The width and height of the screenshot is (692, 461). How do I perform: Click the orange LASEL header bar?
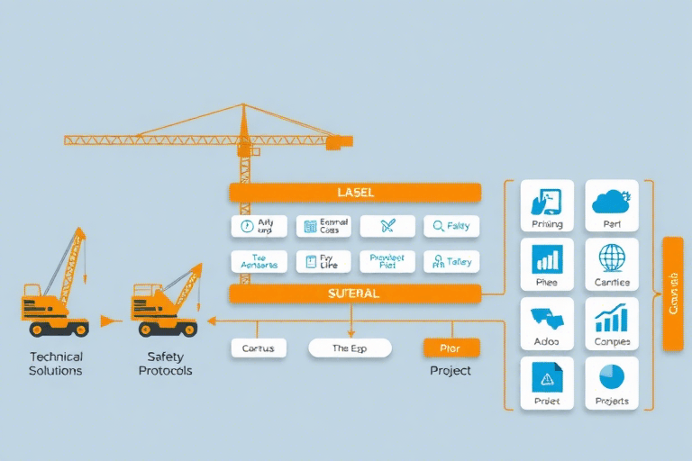pos(355,193)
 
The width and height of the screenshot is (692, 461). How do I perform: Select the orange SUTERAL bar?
pos(355,294)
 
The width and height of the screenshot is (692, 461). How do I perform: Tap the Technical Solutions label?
pos(56,364)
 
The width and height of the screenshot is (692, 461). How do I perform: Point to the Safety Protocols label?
pos(165,364)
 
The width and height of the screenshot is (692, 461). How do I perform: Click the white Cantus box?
pos(259,348)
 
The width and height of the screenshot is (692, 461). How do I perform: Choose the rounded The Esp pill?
pos(350,348)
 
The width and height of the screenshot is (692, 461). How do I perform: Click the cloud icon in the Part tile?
pos(612,201)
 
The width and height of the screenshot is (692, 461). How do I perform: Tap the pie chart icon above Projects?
pos(612,376)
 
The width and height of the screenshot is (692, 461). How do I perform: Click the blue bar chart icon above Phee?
pos(547,258)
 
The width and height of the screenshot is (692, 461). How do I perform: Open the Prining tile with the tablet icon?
pos(547,206)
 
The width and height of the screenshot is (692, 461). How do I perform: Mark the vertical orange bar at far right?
pos(672,294)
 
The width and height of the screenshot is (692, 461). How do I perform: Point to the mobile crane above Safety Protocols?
pos(166,292)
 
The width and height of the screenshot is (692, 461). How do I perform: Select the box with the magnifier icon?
pos(451,227)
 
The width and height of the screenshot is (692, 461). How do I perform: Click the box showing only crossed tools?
pos(387,227)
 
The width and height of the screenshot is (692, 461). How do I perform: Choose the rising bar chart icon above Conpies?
pos(612,317)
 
